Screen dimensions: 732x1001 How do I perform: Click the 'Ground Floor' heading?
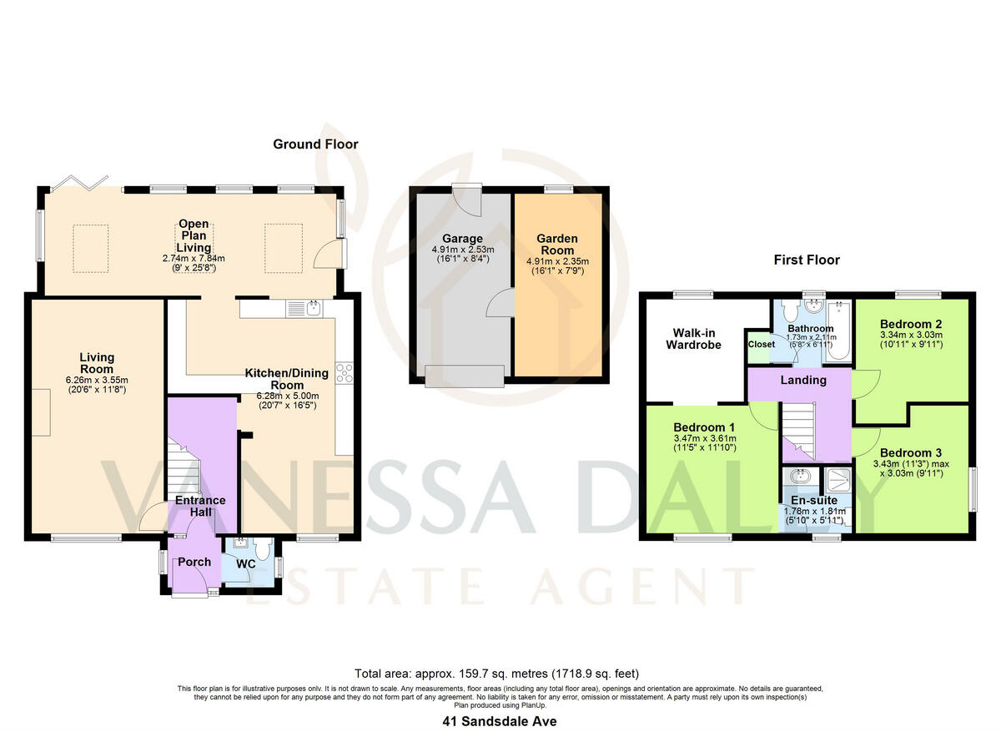tap(315, 144)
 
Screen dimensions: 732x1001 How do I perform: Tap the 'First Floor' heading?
tap(805, 260)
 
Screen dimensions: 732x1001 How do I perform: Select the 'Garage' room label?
tap(463, 239)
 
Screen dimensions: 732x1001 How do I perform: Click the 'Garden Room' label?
tap(556, 245)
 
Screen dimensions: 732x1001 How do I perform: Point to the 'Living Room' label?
tap(97, 363)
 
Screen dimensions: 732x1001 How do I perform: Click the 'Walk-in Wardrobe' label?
tap(692, 339)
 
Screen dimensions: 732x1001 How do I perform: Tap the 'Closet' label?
tap(761, 344)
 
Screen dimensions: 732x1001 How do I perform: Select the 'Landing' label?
tap(802, 380)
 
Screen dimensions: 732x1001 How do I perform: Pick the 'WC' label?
tap(245, 564)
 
